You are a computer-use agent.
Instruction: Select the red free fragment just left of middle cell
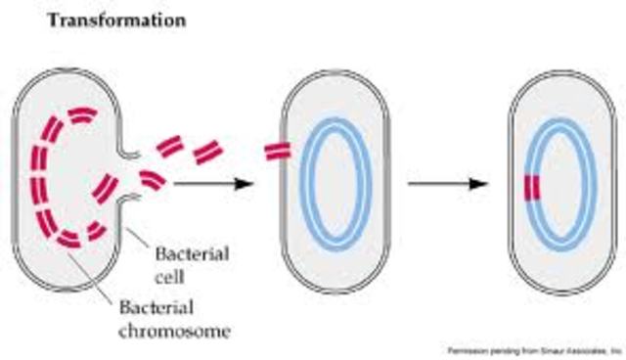pyautogui.click(x=207, y=154)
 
